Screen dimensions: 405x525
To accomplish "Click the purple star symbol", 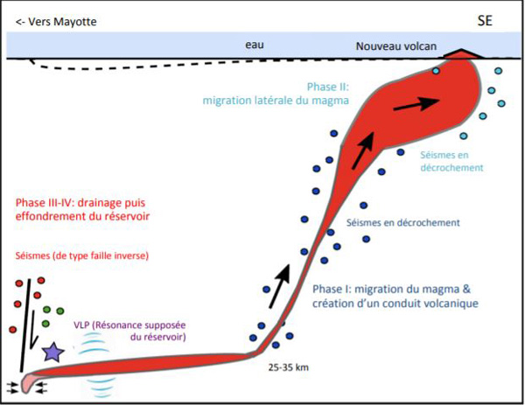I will (x=52, y=352).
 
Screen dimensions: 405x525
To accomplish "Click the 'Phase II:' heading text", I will (x=329, y=87).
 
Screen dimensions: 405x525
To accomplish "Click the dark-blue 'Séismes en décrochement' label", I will (x=402, y=222).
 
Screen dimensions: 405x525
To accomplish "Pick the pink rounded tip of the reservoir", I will (x=31, y=382).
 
